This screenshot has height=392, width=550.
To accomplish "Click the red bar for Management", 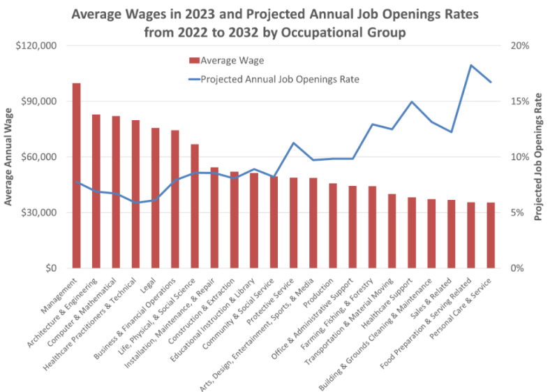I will pyautogui.click(x=76, y=175).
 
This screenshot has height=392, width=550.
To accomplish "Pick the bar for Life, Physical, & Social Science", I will pyautogui.click(x=195, y=206).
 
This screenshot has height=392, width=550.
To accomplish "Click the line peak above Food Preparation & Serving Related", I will pyautogui.click(x=472, y=65).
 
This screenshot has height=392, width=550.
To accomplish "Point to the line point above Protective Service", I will pyautogui.click(x=294, y=143).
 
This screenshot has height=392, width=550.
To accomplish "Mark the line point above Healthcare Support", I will pyautogui.click(x=412, y=102).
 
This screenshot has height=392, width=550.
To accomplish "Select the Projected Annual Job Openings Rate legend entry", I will pyautogui.click(x=279, y=79).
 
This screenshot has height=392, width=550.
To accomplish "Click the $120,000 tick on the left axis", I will pyautogui.click(x=37, y=46).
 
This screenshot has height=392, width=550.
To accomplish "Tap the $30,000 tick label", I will pyautogui.click(x=40, y=212).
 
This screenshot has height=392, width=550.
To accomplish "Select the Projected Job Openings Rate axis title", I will pyautogui.click(x=539, y=157).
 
